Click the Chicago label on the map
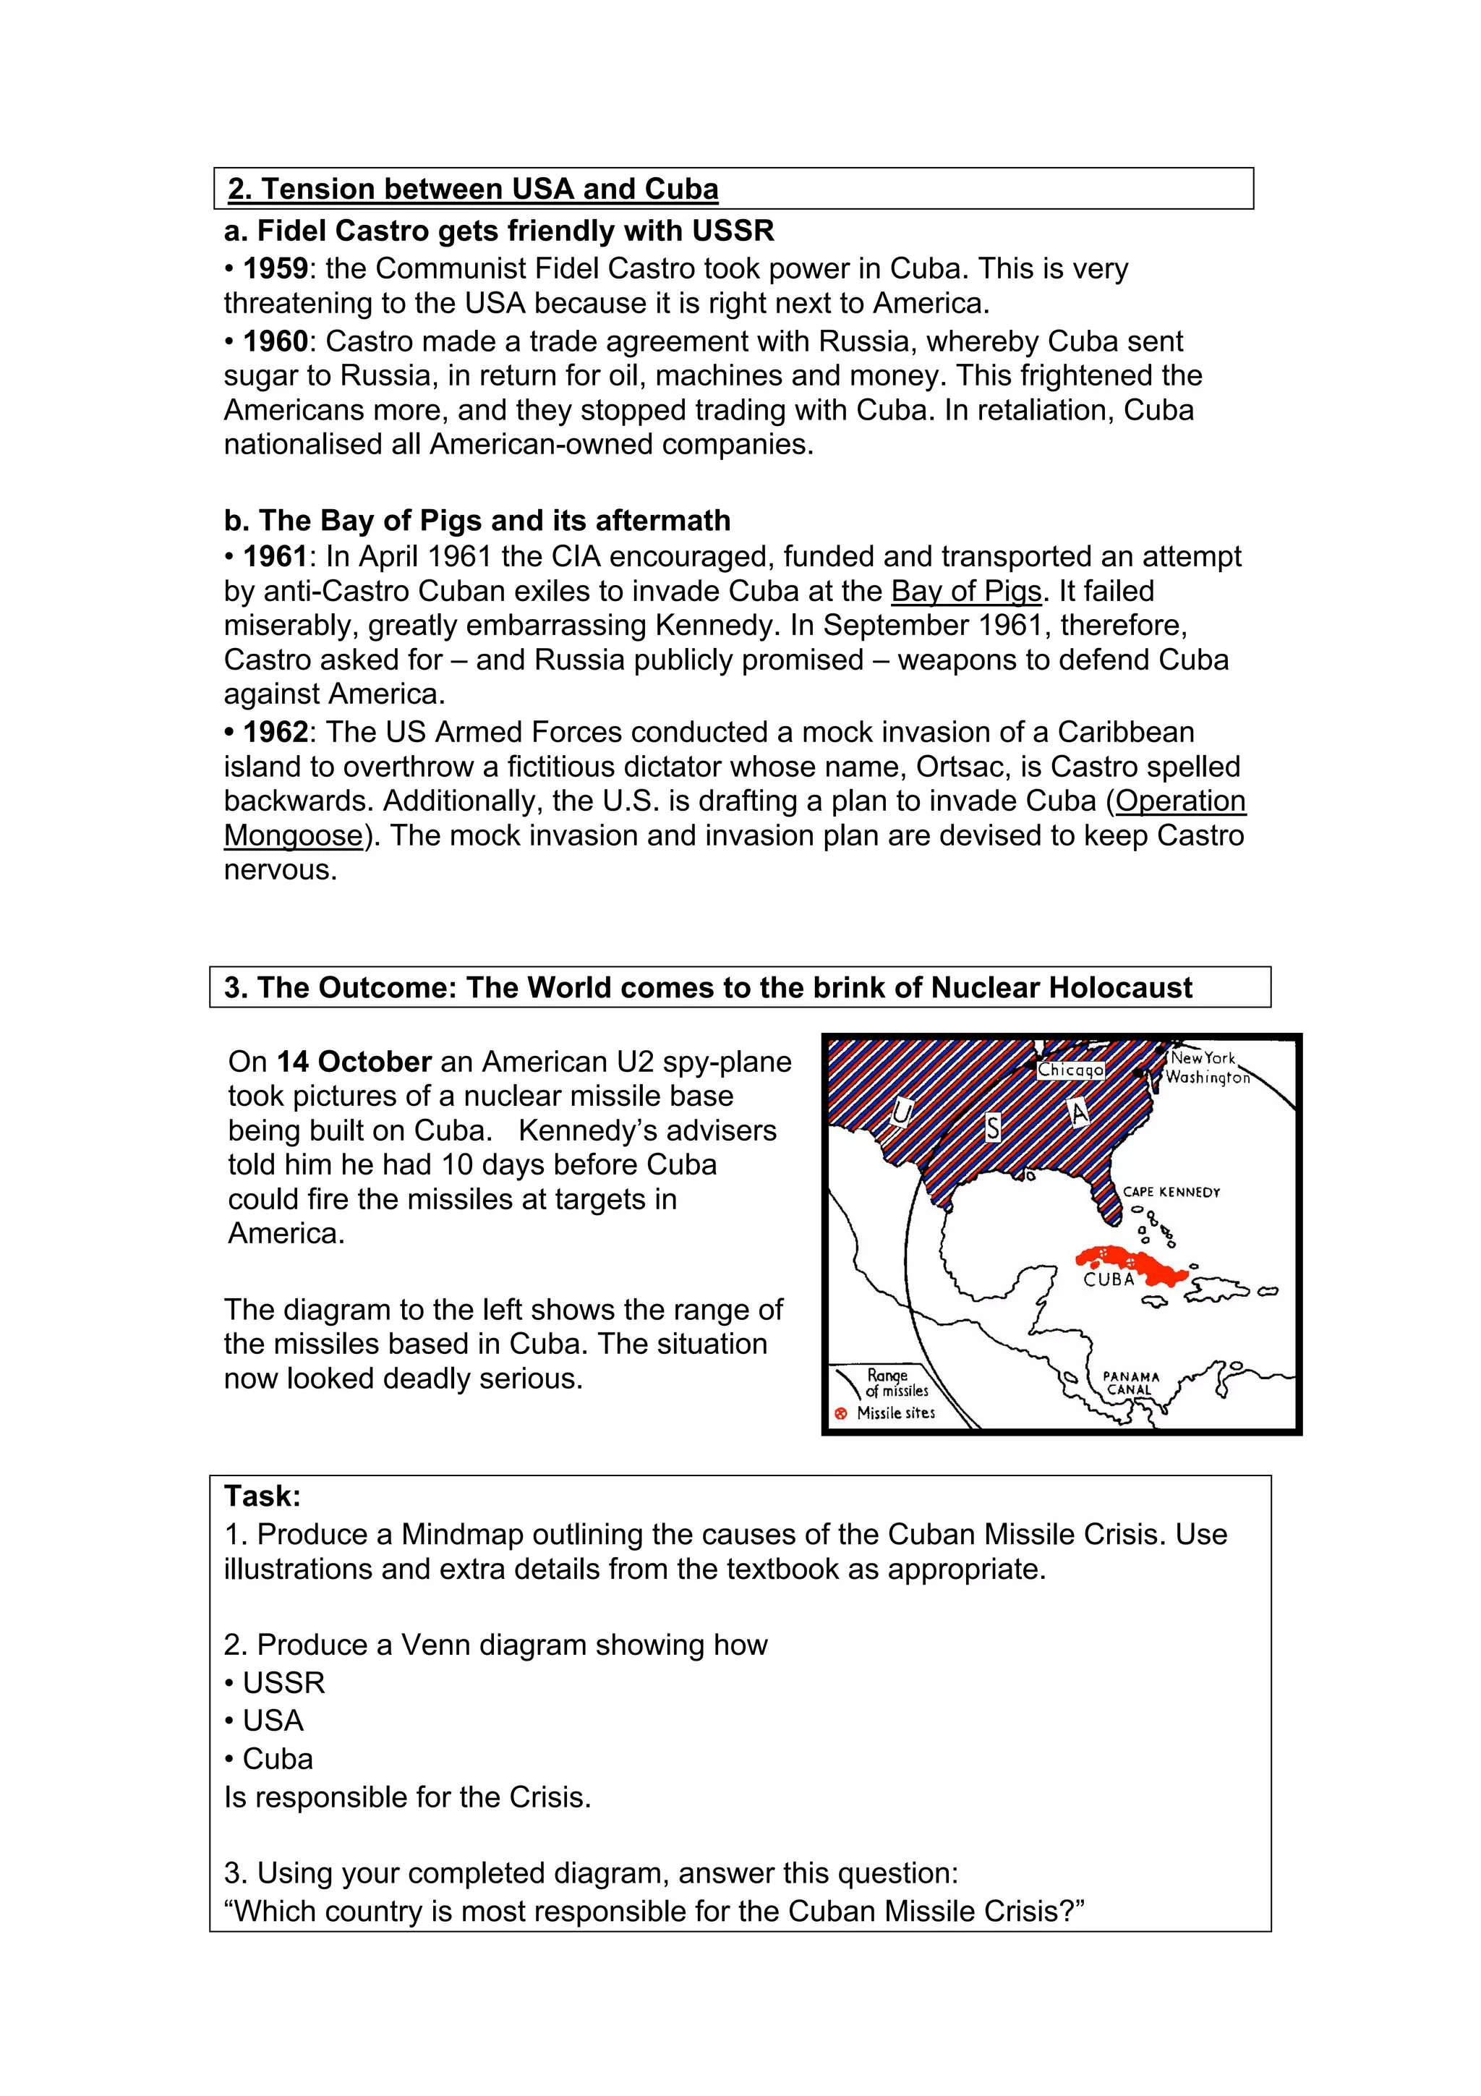pyautogui.click(x=1070, y=1069)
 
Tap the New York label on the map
pyautogui.click(x=1202, y=1058)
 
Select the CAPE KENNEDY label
pyautogui.click(x=1171, y=1192)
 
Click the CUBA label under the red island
pyautogui.click(x=1109, y=1280)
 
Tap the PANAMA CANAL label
pyautogui.click(x=1130, y=1383)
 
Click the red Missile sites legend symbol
pyautogui.click(x=840, y=1414)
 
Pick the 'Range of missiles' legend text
pyautogui.click(x=895, y=1383)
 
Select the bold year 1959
pyautogui.click(x=275, y=268)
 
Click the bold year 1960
pyautogui.click(x=275, y=341)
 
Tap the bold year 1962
pyautogui.click(x=275, y=732)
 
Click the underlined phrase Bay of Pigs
pyautogui.click(x=965, y=592)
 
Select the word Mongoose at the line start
pyautogui.click(x=293, y=835)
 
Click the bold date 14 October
pyautogui.click(x=354, y=1062)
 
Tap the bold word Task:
pyautogui.click(x=262, y=1496)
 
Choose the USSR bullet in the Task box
pyautogui.click(x=283, y=1682)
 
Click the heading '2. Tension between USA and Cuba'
pyautogui.click(x=473, y=189)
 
